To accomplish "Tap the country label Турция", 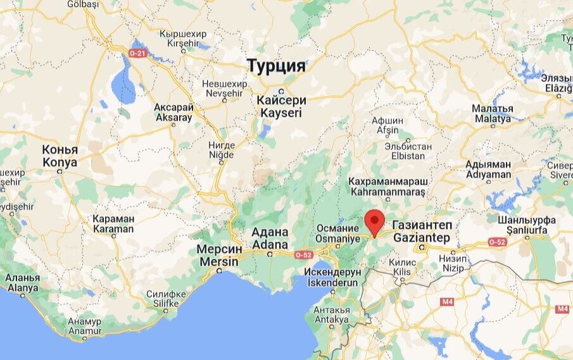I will [x=276, y=66].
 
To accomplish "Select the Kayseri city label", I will [x=281, y=106].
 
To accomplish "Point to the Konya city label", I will [x=60, y=156].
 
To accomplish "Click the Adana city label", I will [x=270, y=238].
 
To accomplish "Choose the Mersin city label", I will [x=218, y=255].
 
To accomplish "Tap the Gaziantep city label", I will [x=421, y=232].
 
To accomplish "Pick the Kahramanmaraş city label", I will [x=388, y=187].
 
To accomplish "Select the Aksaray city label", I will [x=173, y=113].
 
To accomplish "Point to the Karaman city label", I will [x=113, y=223].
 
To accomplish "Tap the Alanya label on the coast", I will [x=22, y=283].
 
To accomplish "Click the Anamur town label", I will [x=85, y=326].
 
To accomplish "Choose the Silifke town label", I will [x=166, y=299].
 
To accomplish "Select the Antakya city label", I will [x=331, y=314].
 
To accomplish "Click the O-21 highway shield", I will [x=137, y=53].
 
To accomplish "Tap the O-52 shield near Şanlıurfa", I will [x=497, y=242].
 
